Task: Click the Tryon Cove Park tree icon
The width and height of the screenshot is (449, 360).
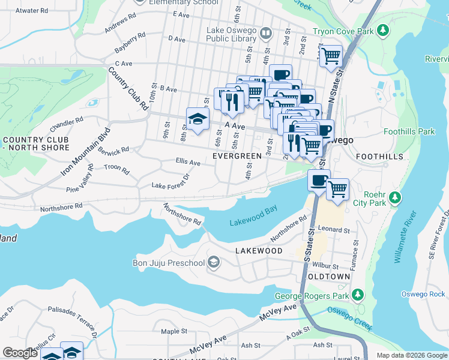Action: pos(381,30)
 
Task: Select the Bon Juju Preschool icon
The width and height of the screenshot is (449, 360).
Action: pos(213,262)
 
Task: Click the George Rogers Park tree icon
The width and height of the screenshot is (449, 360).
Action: pos(358,295)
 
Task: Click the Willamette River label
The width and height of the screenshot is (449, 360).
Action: pos(405,237)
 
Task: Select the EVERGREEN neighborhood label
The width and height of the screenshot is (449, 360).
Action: pos(238,156)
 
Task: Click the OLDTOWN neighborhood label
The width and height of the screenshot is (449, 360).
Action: pos(328,277)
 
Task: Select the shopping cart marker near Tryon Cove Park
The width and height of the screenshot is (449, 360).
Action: pos(331,58)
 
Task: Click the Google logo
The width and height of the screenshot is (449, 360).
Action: pos(20,353)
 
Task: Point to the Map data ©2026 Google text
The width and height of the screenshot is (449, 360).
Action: pos(411,355)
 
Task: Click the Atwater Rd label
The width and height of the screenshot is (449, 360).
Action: pos(32,11)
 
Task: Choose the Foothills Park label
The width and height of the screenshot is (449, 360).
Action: pos(409,131)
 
